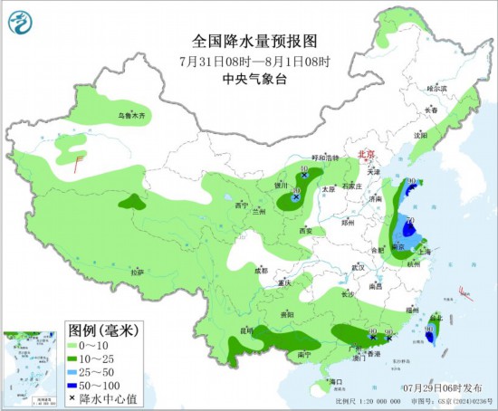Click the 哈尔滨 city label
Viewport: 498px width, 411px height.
(x=437, y=89)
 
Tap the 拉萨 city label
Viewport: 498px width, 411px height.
(x=136, y=272)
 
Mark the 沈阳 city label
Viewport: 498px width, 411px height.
(x=419, y=135)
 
